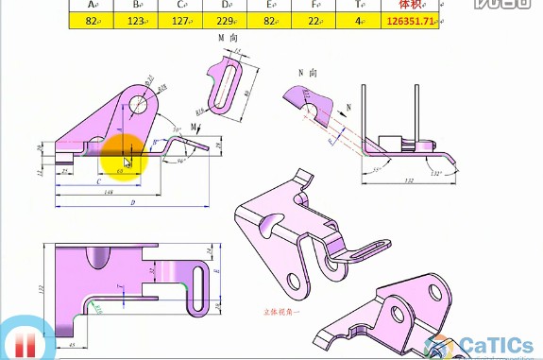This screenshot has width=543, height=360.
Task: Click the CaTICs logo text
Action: click(499, 346)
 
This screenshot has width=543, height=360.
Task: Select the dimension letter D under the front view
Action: click(133, 201)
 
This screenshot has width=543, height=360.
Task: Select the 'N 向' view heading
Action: click(308, 72)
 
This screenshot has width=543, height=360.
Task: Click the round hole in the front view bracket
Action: click(140, 103)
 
